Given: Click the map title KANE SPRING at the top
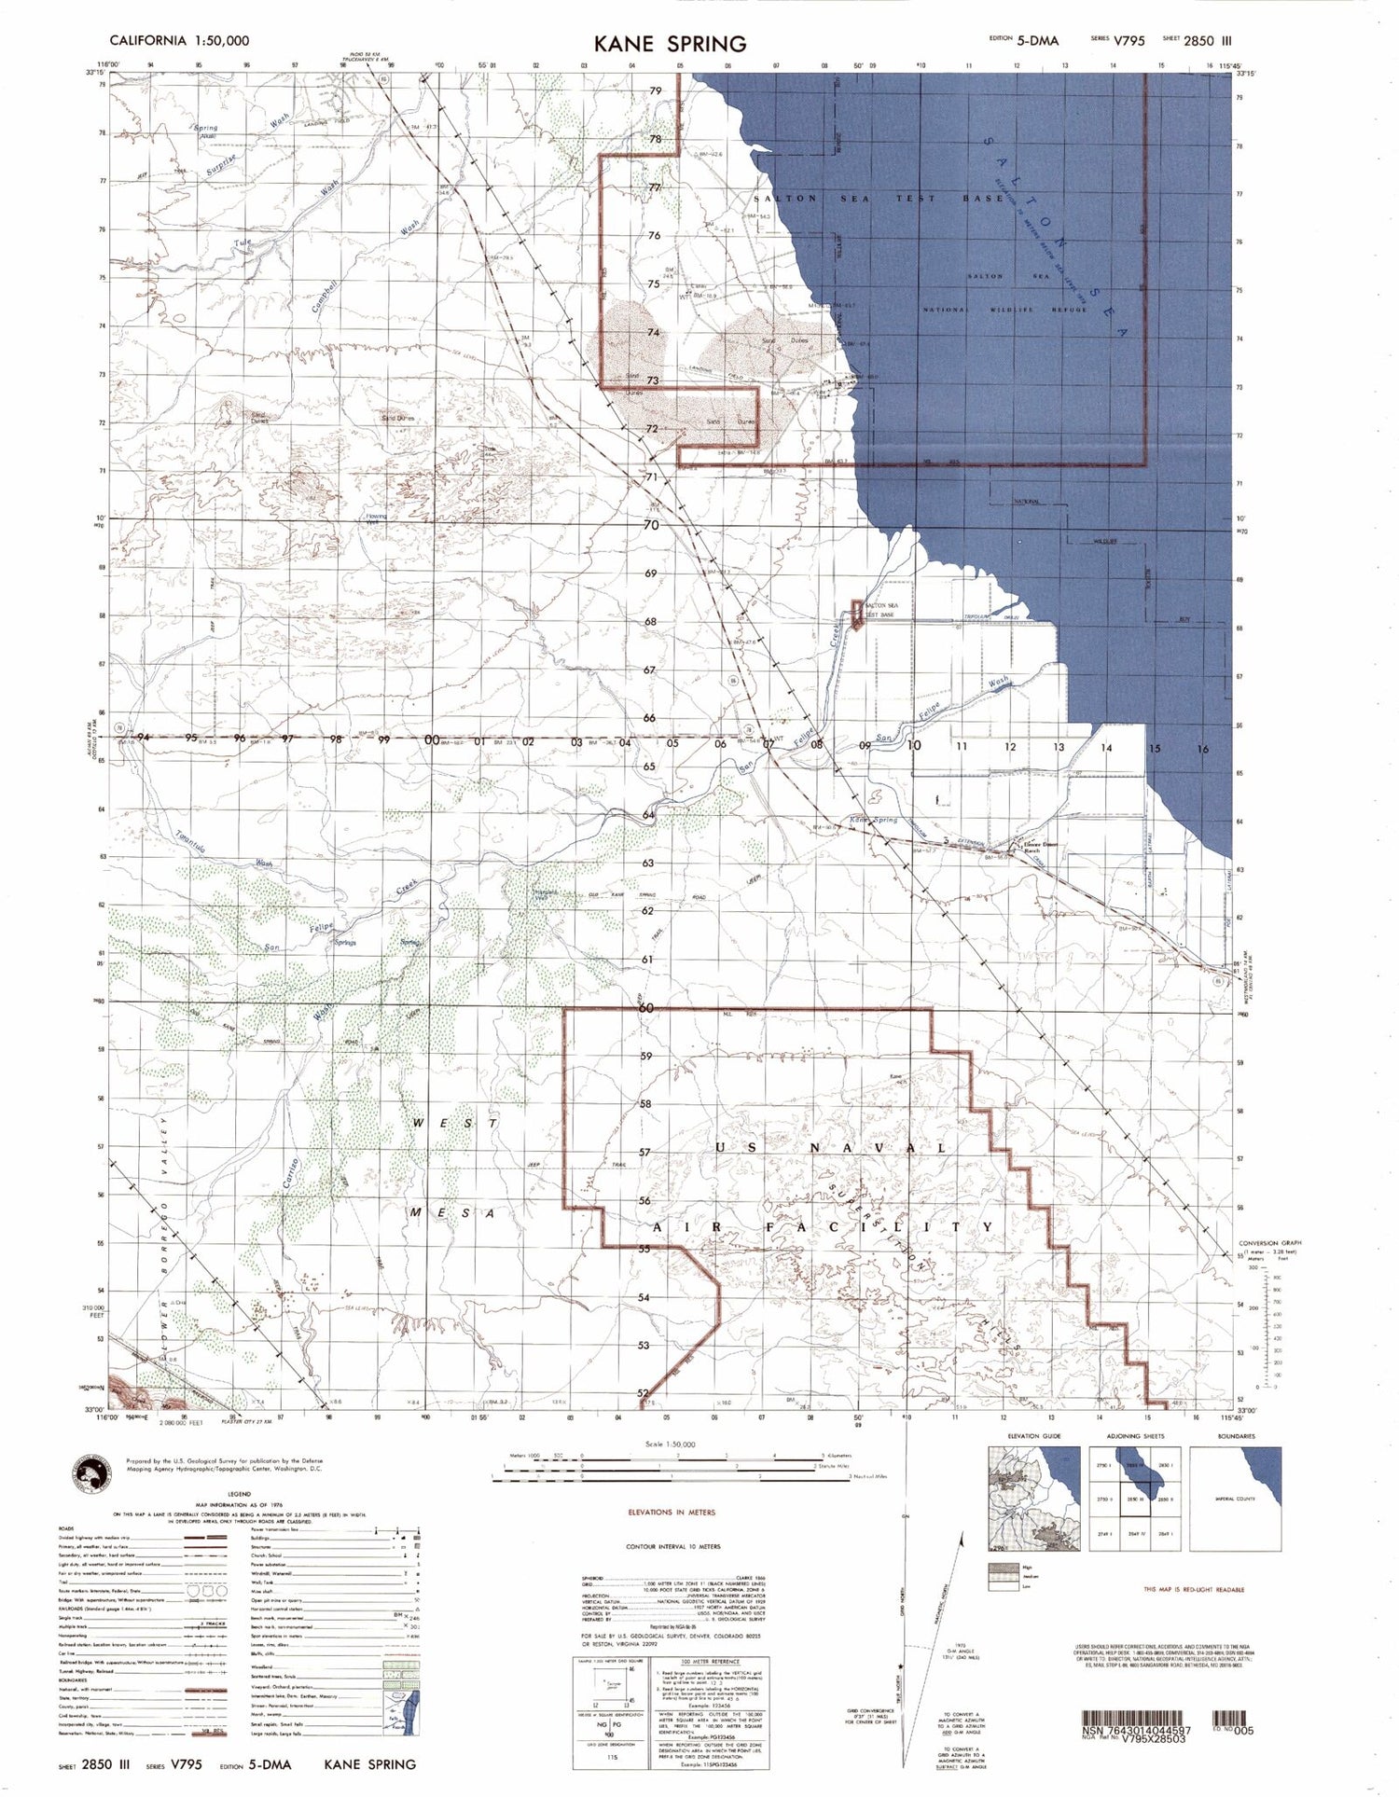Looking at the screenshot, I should point(670,43).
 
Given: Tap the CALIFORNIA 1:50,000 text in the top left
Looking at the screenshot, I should point(179,41).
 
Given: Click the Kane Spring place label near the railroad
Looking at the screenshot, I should point(873,821).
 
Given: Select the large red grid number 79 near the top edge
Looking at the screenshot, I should point(656,90).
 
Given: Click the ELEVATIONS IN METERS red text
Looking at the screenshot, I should point(672,1512).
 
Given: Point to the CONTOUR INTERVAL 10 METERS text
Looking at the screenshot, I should point(672,1546).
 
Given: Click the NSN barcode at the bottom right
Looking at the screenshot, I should point(1135,1718).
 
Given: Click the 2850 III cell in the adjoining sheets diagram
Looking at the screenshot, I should point(1134,1499).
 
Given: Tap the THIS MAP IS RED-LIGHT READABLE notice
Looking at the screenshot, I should point(1194,1589).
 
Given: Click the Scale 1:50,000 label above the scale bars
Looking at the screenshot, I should point(670,1444).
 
